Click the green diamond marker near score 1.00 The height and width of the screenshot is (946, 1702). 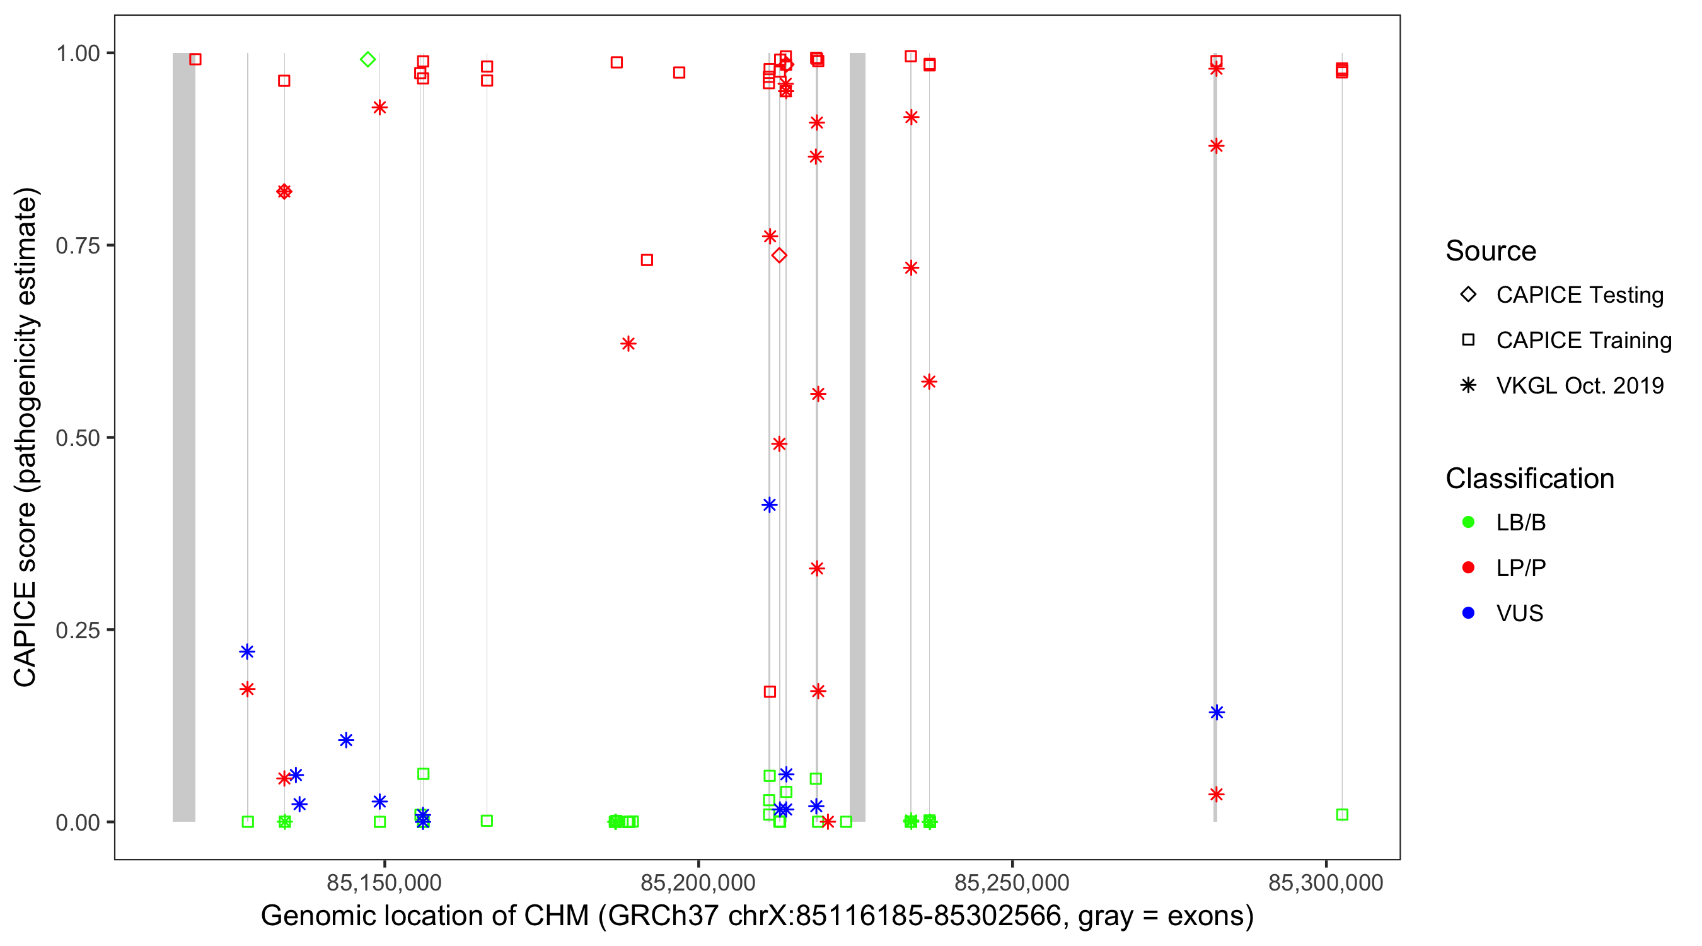pos(368,59)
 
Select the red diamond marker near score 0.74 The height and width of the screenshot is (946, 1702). pos(779,255)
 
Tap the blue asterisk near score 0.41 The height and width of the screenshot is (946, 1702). pos(769,505)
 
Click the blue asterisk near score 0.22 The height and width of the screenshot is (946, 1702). pos(247,652)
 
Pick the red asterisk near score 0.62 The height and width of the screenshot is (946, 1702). pos(628,344)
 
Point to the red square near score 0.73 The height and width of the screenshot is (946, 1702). pos(647,260)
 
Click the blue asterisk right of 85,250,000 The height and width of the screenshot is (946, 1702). pos(1217,713)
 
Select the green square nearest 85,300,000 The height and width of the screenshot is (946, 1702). pos(1342,815)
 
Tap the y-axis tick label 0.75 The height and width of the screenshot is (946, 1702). pos(78,246)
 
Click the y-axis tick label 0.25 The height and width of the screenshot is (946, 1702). pos(78,630)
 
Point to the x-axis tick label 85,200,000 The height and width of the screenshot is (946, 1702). pos(698,882)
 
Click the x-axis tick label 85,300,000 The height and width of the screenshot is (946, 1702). pos(1326,882)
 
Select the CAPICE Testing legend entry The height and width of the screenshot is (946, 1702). pos(1579,295)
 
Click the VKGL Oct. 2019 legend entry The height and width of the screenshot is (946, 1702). pos(1579,385)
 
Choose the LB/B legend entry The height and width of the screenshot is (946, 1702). pos(1520,522)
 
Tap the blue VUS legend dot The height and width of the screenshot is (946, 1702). pos(1468,613)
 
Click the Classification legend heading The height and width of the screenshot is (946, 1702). pos(1529,479)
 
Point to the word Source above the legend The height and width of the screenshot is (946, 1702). pos(1491,251)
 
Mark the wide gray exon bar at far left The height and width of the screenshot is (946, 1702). pos(183,436)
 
